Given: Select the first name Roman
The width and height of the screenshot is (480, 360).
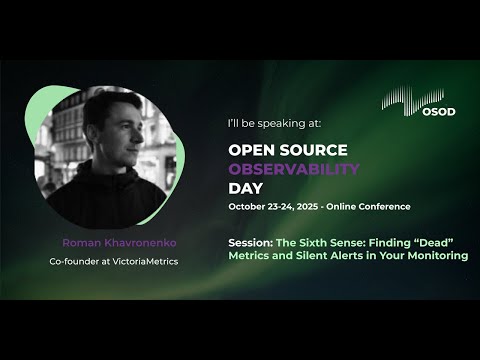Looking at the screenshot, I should (79, 243).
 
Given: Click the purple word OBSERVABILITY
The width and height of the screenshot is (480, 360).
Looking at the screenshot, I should (294, 169).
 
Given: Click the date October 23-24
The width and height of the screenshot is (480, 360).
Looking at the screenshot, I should (263, 207).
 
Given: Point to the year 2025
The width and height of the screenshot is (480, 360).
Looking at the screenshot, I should (318, 207).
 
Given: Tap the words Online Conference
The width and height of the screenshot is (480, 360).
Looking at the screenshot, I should (375, 207).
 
